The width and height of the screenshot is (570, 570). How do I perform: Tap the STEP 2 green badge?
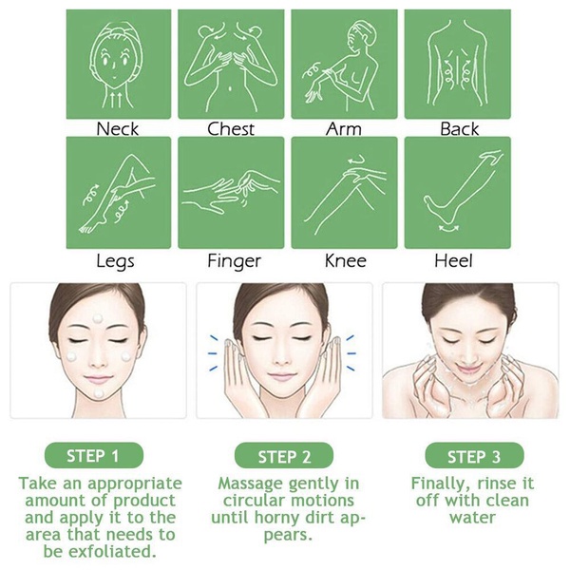pos(284,454)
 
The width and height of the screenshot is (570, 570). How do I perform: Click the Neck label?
pos(118,127)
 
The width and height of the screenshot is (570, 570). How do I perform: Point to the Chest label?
pos(231,127)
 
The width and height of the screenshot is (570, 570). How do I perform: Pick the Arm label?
pos(343,127)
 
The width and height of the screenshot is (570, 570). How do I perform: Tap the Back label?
pos(459,127)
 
